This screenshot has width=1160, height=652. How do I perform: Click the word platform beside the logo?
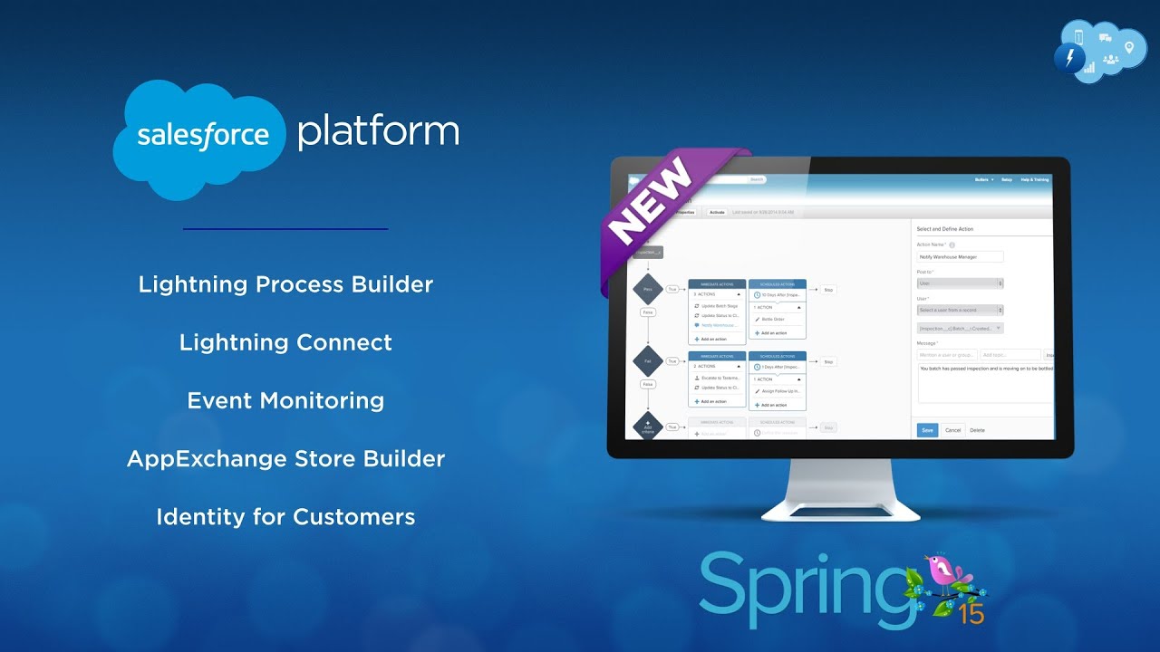pyautogui.click(x=378, y=131)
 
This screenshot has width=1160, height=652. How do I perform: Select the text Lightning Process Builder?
pyautogui.click(x=285, y=284)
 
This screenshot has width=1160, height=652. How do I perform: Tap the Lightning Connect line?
pyautogui.click(x=285, y=342)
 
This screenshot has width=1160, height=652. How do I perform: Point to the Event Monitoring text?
pyautogui.click(x=285, y=400)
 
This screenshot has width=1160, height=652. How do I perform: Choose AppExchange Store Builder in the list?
pyautogui.click(x=285, y=458)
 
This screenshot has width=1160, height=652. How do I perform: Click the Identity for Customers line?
pyautogui.click(x=285, y=517)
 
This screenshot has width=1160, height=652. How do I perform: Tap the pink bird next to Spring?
pyautogui.click(x=945, y=573)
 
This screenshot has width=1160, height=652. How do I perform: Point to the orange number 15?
pyautogui.click(x=971, y=615)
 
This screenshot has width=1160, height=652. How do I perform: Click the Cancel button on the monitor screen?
pyautogui.click(x=952, y=430)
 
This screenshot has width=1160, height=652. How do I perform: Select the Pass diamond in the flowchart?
pyautogui.click(x=647, y=290)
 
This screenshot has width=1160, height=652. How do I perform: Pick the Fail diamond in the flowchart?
pyautogui.click(x=647, y=360)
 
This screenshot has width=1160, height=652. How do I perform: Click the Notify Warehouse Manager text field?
pyautogui.click(x=960, y=257)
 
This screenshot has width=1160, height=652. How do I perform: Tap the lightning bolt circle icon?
pyautogui.click(x=1070, y=59)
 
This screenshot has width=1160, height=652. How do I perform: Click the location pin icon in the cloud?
pyautogui.click(x=1129, y=47)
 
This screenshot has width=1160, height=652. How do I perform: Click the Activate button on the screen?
pyautogui.click(x=717, y=212)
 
